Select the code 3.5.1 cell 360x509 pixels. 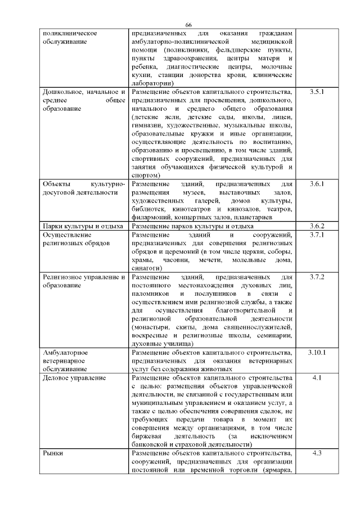[317, 91]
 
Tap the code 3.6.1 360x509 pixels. [317, 184]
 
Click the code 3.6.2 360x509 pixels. [317, 226]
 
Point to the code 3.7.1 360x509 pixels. [317, 235]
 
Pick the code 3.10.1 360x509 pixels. [317, 353]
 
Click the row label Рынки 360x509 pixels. [53, 453]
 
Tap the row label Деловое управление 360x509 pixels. [74, 378]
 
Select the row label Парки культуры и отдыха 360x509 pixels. [83, 226]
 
